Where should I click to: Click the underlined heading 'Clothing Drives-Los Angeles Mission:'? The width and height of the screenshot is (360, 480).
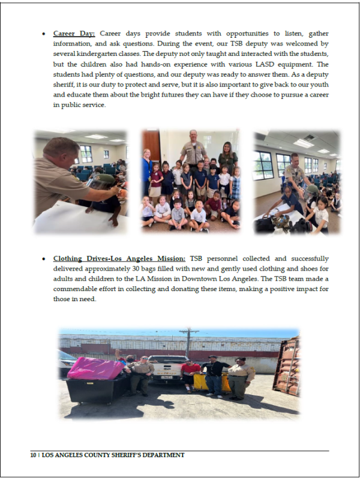119,259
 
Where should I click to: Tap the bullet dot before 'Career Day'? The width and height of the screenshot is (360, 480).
44,34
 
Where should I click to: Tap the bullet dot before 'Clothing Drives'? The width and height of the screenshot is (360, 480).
44,259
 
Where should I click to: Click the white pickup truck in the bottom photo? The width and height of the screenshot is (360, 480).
166,368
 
